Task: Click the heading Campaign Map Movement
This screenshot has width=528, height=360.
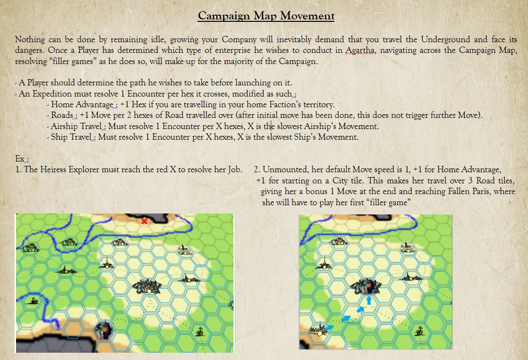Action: click(x=266, y=16)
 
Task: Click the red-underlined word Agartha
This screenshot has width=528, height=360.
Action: click(x=360, y=50)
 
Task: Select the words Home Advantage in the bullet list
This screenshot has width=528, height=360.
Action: click(x=82, y=104)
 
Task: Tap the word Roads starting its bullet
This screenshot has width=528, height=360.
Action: click(x=62, y=115)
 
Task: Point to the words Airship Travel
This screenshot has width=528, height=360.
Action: click(x=76, y=126)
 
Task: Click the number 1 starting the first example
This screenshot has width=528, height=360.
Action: click(x=17, y=169)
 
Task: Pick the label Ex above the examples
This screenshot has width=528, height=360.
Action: click(x=20, y=159)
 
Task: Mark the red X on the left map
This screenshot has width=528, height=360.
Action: click(x=145, y=221)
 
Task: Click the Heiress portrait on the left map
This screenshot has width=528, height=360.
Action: click(x=104, y=331)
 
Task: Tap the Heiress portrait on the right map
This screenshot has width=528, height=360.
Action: click(x=369, y=287)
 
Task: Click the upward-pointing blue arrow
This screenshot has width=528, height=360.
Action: click(x=369, y=300)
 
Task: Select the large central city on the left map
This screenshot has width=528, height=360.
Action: click(x=147, y=286)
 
